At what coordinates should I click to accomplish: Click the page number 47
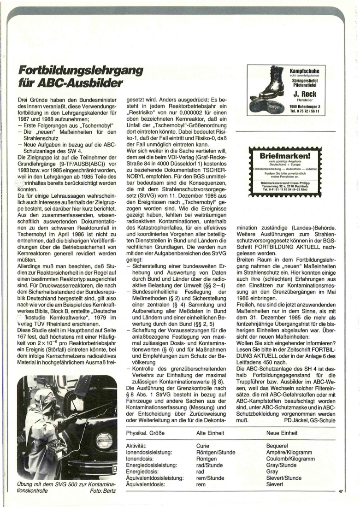(x=341, y=492)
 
